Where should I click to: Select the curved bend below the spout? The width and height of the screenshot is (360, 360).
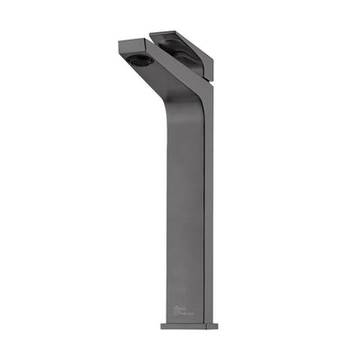[x=180, y=103]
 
